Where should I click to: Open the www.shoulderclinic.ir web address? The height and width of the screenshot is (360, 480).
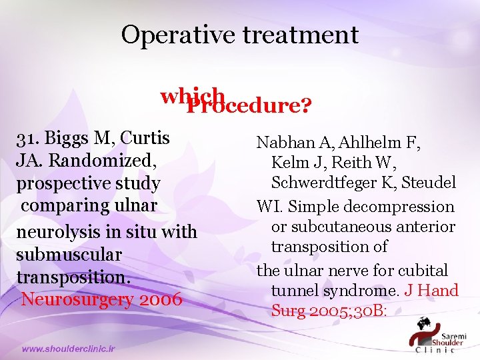point(69,348)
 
